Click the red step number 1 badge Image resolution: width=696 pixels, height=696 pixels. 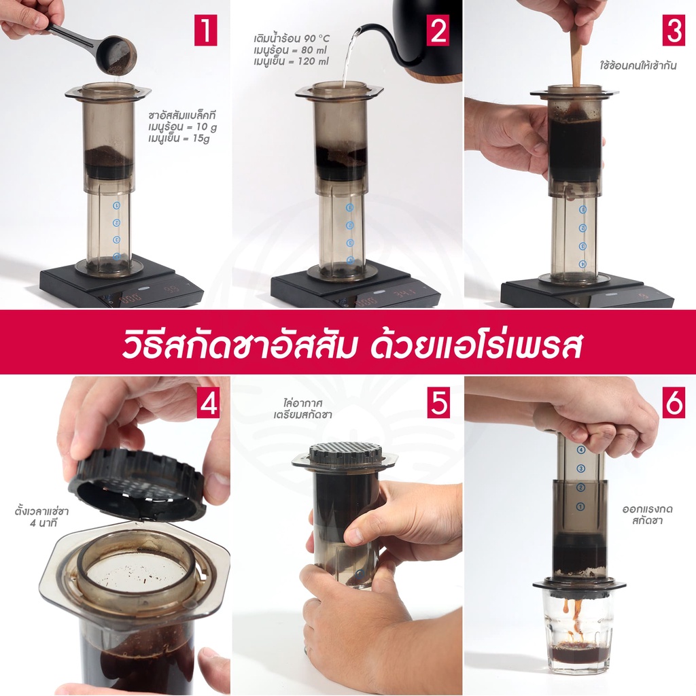205,30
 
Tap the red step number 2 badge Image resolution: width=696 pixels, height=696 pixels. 438,30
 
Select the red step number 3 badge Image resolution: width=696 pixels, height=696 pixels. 674,30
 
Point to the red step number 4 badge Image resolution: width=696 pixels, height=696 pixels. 209,402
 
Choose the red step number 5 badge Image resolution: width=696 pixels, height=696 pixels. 438,402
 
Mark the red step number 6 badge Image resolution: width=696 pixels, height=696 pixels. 674,402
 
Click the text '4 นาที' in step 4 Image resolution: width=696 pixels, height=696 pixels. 43,523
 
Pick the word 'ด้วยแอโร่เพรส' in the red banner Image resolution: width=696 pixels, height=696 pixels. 476,345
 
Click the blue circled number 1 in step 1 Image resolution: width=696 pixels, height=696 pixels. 116,205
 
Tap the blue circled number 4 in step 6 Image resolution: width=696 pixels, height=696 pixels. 581,450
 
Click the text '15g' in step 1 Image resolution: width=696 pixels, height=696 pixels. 201,139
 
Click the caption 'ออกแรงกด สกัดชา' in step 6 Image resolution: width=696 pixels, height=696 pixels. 647,515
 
